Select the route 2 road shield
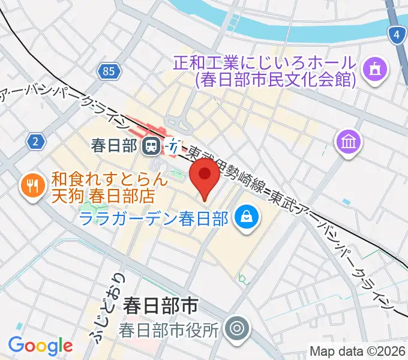pos(37,142)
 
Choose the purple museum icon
pos(348,142)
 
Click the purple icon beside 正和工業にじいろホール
pos(376,70)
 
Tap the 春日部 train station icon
pos(151,145)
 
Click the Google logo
pos(40,346)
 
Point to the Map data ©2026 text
pos(358,352)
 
